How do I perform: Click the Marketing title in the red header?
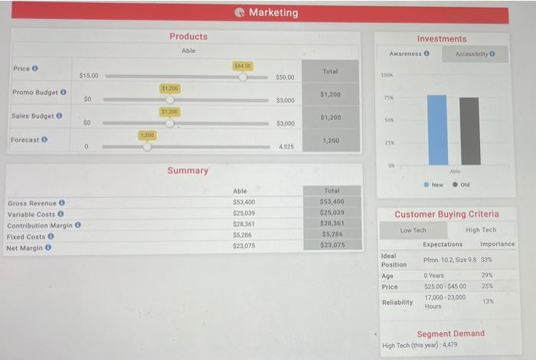pyautogui.click(x=273, y=12)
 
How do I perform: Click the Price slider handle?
pyautogui.click(x=243, y=77)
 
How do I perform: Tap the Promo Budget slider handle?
pyautogui.click(x=170, y=100)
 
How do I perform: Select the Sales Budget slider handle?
pyautogui.click(x=170, y=123)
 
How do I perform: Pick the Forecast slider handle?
pyautogui.click(x=147, y=146)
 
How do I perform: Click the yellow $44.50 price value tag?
pyautogui.click(x=243, y=67)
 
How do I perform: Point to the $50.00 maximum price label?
pyautogui.click(x=285, y=77)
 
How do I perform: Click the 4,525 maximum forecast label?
pyautogui.click(x=285, y=146)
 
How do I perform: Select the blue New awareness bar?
pyautogui.click(x=437, y=129)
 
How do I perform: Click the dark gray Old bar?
pyautogui.click(x=470, y=131)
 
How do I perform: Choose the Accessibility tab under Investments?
pyautogui.click(x=476, y=54)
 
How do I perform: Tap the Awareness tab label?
pyautogui.click(x=408, y=54)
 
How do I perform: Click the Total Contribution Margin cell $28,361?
pyautogui.click(x=332, y=224)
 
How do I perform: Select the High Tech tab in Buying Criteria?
pyautogui.click(x=480, y=230)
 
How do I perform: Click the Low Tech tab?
pyautogui.click(x=413, y=230)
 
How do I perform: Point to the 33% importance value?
pyautogui.click(x=485, y=260)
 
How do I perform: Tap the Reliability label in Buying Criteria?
pyautogui.click(x=397, y=302)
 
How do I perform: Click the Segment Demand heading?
pyautogui.click(x=450, y=333)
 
